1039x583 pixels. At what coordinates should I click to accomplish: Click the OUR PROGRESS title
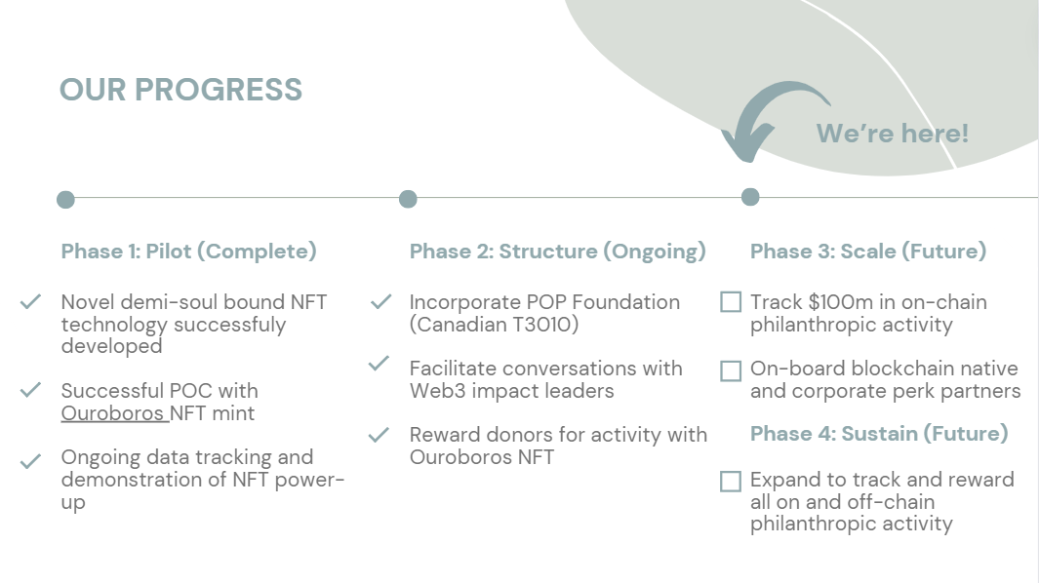point(180,90)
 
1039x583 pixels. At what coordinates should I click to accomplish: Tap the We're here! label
point(892,134)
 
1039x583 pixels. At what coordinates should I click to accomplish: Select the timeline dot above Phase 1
point(65,200)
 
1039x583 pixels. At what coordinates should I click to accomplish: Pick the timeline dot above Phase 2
point(408,199)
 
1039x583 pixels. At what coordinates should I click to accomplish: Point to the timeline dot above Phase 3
point(750,197)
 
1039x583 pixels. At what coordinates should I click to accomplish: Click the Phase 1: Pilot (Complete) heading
point(189,252)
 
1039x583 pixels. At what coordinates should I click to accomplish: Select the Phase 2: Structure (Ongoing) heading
point(557,252)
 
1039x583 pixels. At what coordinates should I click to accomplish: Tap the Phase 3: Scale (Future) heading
point(868,252)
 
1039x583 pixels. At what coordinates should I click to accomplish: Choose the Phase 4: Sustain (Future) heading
point(879,434)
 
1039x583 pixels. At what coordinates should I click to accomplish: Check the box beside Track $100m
point(731,302)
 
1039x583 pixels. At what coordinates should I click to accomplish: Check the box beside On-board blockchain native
point(731,371)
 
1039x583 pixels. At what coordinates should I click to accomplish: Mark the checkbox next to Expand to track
point(731,482)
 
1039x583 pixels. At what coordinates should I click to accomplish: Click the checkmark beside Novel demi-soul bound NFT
point(30,302)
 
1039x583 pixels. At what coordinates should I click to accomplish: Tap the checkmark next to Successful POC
point(30,390)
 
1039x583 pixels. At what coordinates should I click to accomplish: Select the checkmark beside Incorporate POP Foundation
point(380,302)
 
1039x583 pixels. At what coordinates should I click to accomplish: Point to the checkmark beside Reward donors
point(380,435)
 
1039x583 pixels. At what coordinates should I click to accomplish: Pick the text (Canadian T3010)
point(494,325)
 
